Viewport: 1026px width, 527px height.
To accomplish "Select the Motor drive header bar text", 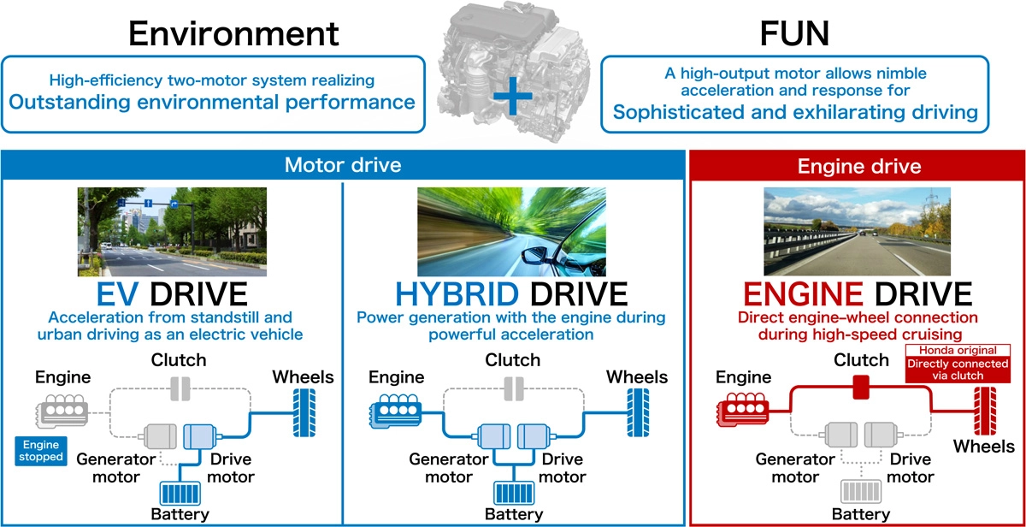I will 342,164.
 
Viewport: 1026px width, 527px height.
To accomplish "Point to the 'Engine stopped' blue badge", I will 43,450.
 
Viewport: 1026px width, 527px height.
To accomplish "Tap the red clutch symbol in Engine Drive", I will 860,388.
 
